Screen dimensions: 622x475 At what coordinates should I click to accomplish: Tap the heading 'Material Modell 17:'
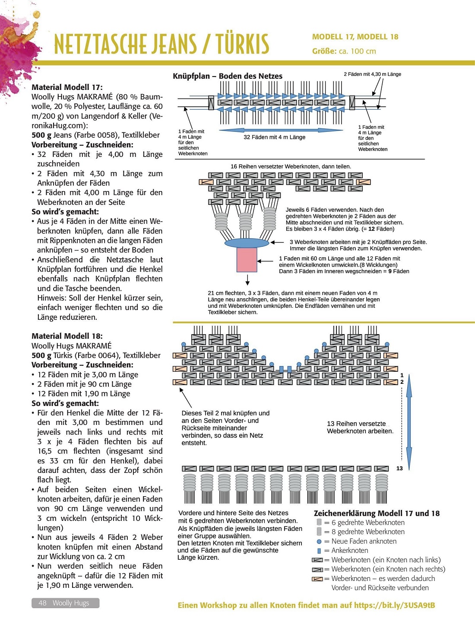pyautogui.click(x=67, y=87)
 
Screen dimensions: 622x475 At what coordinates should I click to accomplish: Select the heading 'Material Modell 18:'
pyautogui.click(x=67, y=336)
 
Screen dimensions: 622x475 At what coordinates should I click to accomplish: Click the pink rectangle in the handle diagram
pyautogui.click(x=247, y=260)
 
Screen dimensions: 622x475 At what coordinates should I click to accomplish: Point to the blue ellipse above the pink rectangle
pyautogui.click(x=247, y=242)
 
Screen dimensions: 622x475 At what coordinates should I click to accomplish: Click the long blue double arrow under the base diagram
pyautogui.click(x=275, y=130)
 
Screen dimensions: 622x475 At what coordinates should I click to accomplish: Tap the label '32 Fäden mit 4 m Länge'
pyautogui.click(x=274, y=137)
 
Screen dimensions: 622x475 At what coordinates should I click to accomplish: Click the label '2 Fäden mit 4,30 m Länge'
pyautogui.click(x=372, y=74)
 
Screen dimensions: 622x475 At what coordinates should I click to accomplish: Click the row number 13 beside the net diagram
pyautogui.click(x=399, y=468)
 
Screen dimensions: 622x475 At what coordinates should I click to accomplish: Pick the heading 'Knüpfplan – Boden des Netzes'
pyautogui.click(x=228, y=76)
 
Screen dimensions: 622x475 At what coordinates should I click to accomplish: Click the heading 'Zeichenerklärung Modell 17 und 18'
pyautogui.click(x=377, y=513)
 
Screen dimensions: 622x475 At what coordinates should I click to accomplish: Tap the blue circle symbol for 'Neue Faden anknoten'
pyautogui.click(x=319, y=541)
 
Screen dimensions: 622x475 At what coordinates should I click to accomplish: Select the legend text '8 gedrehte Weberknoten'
pyautogui.click(x=368, y=532)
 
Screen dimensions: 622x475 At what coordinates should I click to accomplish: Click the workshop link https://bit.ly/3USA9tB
pyautogui.click(x=394, y=605)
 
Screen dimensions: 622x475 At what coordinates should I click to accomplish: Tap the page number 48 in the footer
pyautogui.click(x=42, y=603)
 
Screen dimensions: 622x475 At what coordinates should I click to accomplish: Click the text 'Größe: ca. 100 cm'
pyautogui.click(x=344, y=51)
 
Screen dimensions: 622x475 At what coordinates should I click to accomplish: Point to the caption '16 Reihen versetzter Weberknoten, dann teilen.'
pyautogui.click(x=291, y=166)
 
